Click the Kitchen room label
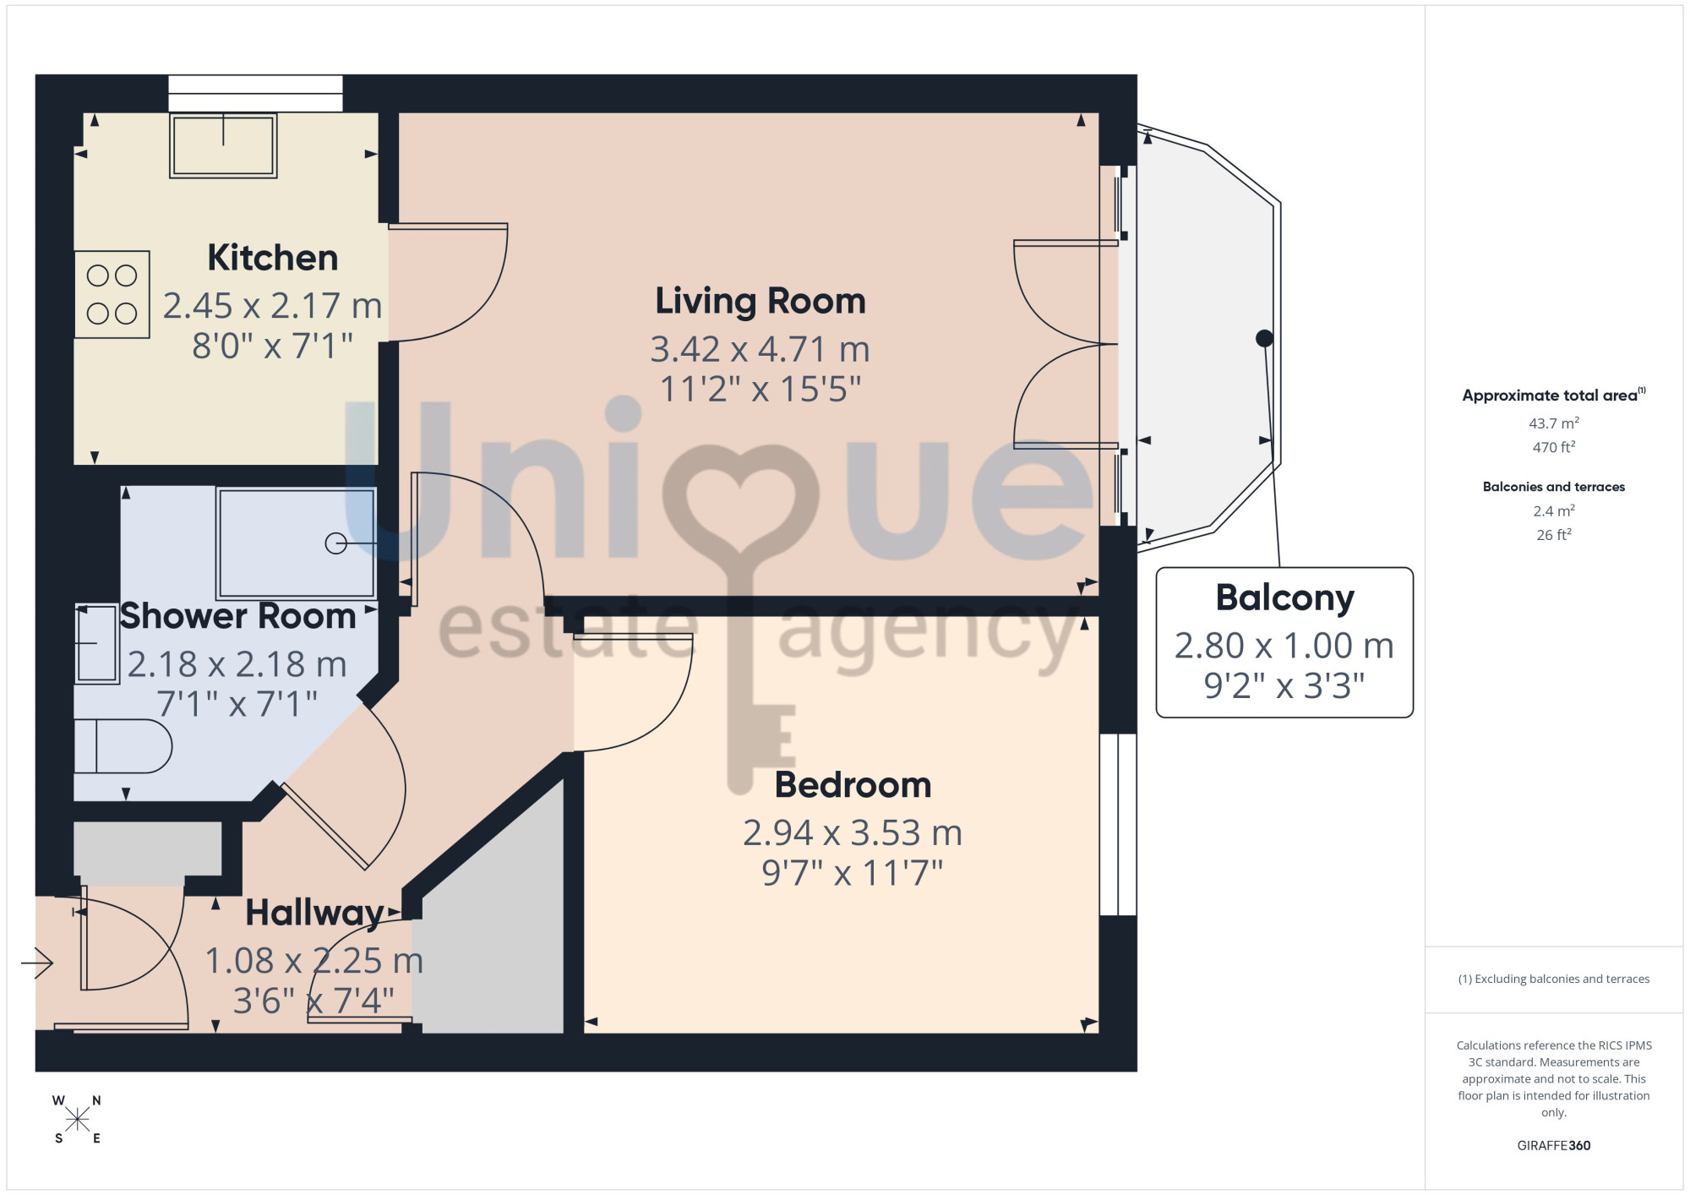click(272, 258)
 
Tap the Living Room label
click(760, 301)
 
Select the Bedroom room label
click(853, 785)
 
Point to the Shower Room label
click(237, 616)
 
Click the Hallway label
click(314, 914)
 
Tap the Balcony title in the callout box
click(1284, 598)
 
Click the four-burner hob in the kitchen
click(112, 294)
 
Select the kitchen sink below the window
click(223, 145)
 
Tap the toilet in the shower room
click(123, 746)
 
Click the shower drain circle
click(335, 543)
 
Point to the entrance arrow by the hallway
click(37, 962)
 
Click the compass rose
click(77, 1120)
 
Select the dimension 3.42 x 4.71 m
click(760, 349)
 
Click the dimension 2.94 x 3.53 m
click(853, 833)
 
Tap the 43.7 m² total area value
click(1553, 423)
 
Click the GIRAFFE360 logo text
click(1553, 1146)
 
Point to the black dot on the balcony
click(1264, 338)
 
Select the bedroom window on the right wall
click(1118, 825)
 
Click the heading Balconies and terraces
click(1553, 487)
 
